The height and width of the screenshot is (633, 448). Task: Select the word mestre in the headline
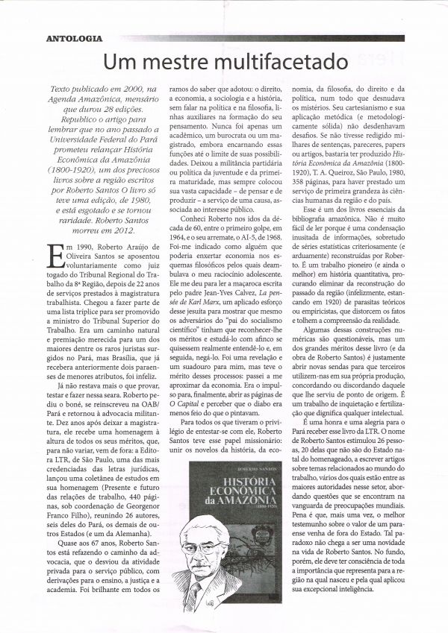coord(171,60)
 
